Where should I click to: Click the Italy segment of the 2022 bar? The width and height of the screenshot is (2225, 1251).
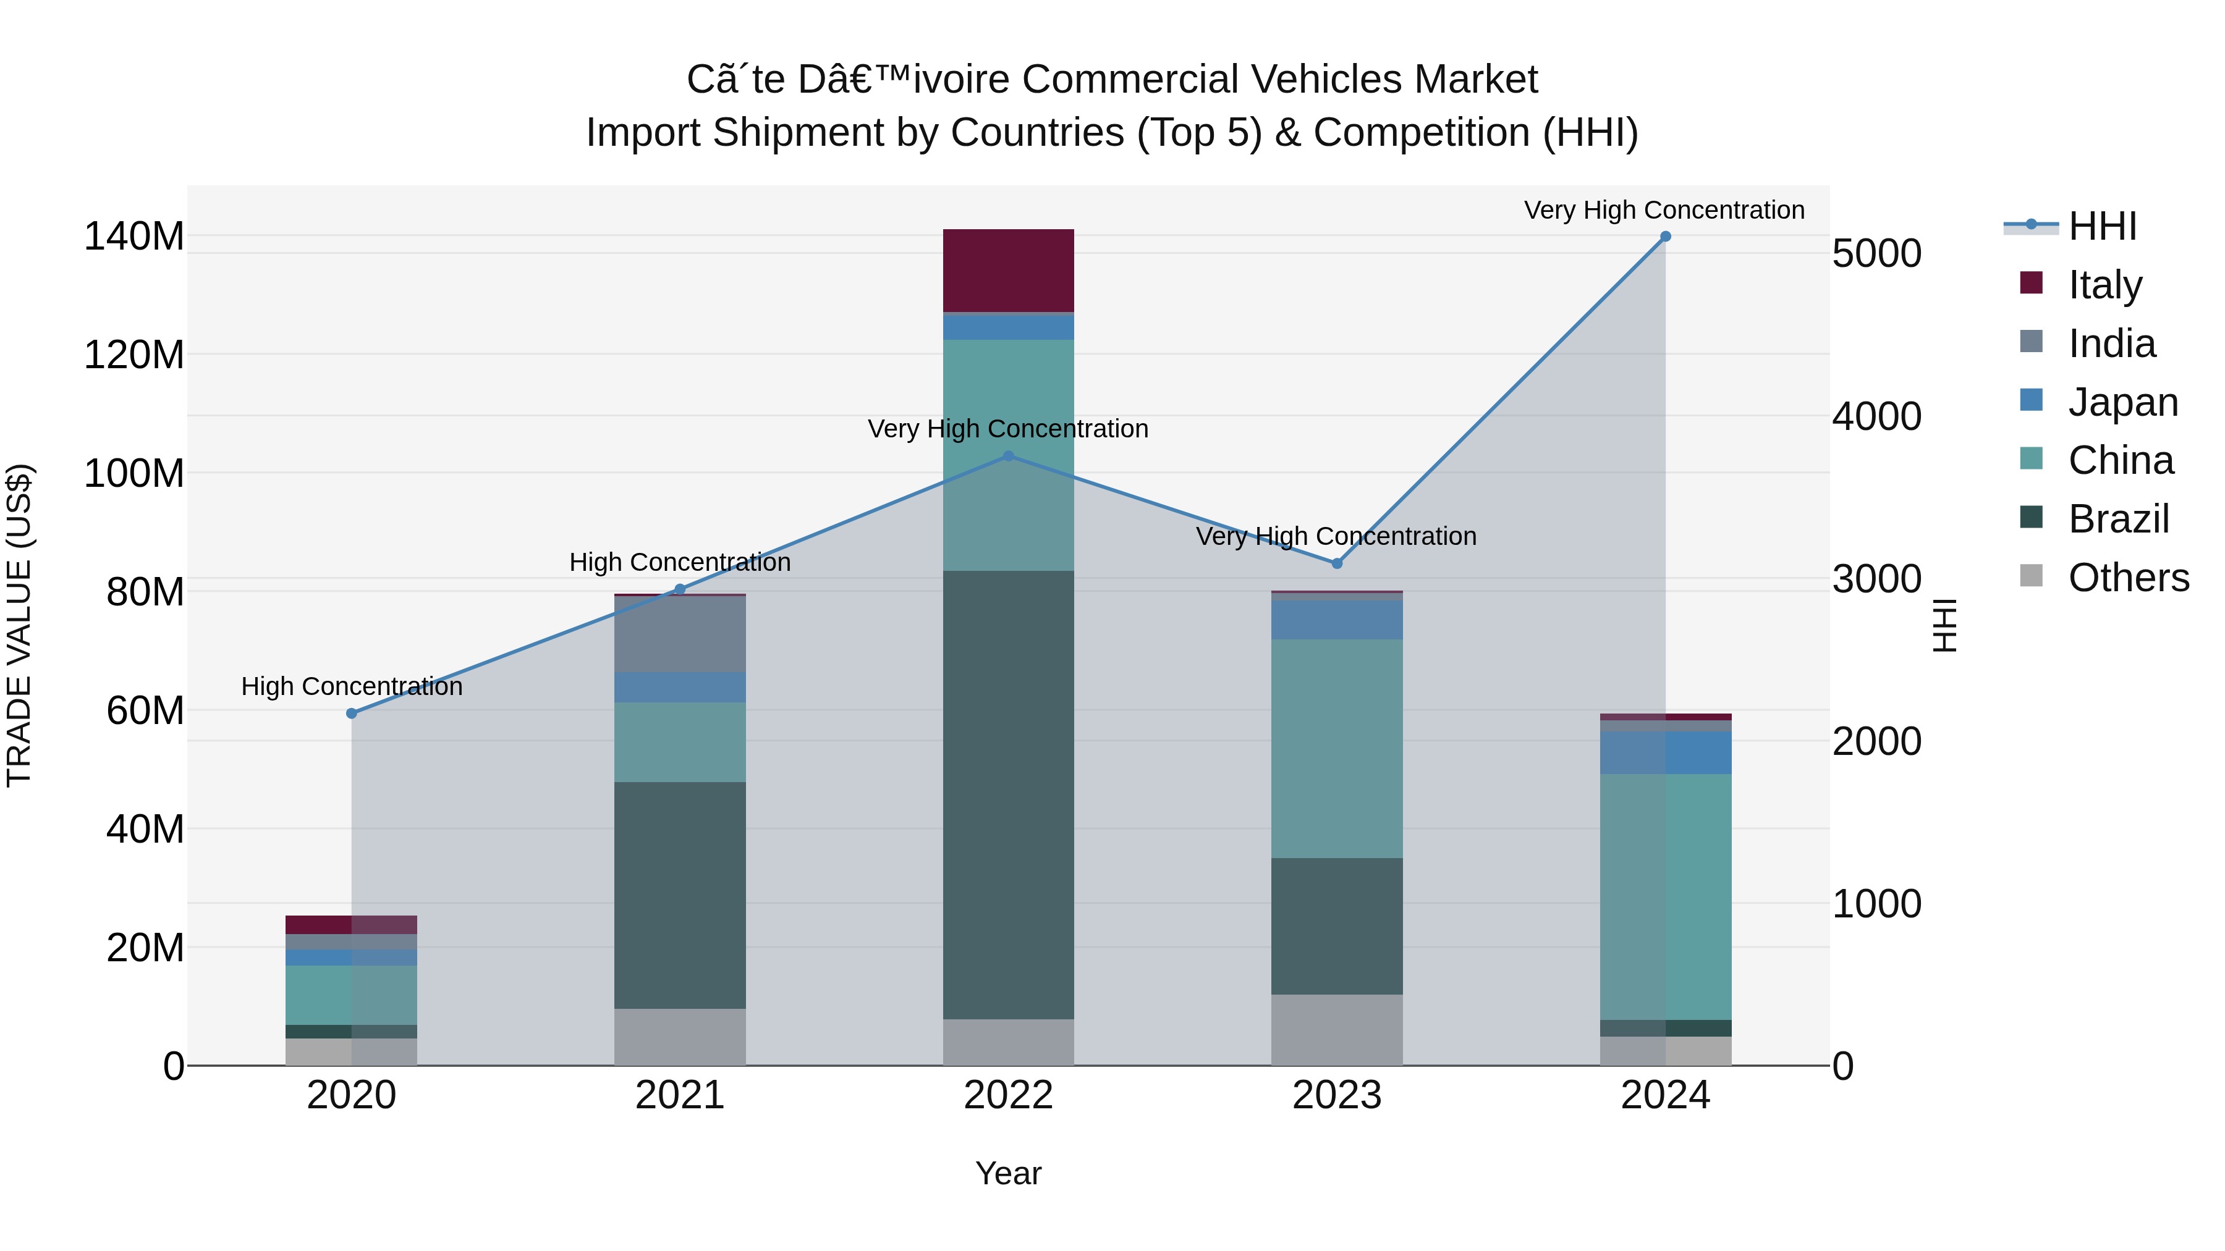coord(1008,270)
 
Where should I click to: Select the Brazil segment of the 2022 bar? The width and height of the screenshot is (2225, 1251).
coord(1008,794)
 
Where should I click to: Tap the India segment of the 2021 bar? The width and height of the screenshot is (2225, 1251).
coord(680,634)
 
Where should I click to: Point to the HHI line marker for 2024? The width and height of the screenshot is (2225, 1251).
coord(1665,237)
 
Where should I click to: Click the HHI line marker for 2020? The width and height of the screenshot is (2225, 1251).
coord(352,713)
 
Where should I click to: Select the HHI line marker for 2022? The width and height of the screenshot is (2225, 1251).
coord(1008,456)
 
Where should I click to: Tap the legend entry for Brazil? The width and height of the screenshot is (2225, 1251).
coord(2118,519)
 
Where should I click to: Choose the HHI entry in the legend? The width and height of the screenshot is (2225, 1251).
coord(2101,226)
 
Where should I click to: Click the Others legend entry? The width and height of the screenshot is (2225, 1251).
coord(2127,578)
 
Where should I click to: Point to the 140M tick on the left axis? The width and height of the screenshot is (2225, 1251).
coord(134,237)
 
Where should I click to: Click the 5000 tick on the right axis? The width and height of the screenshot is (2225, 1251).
coord(1876,254)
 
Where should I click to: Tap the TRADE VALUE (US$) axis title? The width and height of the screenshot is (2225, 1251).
coord(19,625)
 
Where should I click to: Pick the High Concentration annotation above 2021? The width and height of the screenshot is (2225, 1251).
coord(680,562)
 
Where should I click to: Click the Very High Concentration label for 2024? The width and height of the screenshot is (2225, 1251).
coord(1664,211)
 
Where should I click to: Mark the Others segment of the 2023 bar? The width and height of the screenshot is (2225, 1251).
coord(1336,1029)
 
